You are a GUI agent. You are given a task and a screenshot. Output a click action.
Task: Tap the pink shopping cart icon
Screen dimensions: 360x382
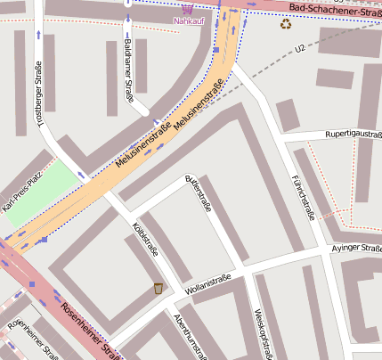pos(186,8)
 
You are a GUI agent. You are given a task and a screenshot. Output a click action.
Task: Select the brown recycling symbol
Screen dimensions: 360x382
pos(286,24)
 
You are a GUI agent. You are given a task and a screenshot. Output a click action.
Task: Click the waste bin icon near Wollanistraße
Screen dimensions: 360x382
pos(158,288)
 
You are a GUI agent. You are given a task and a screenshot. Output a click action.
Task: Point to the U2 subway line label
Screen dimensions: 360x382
pos(299,46)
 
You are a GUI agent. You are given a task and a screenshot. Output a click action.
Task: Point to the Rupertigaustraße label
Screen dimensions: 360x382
pos(353,135)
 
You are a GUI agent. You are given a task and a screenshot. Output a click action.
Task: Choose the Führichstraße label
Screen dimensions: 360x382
pos(303,196)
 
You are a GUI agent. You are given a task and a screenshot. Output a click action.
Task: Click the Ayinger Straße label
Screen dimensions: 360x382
pos(355,249)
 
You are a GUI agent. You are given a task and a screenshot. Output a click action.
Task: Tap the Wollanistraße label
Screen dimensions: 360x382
pos(207,284)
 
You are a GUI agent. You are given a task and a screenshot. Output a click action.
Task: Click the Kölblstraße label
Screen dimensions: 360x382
pos(145,240)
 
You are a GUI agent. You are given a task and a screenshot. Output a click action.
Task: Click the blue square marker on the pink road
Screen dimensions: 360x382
pos(31,284)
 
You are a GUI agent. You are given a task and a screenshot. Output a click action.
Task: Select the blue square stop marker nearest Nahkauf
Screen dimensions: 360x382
pos(215,51)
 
